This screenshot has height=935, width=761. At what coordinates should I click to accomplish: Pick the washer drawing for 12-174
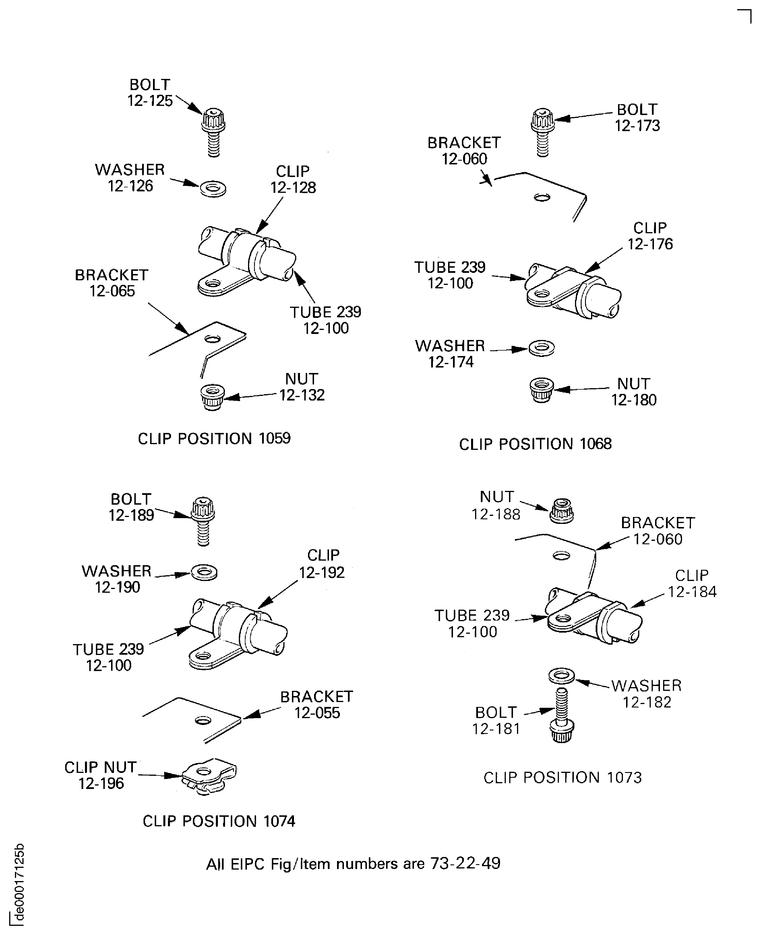(542, 348)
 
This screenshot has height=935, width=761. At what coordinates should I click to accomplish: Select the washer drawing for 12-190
(204, 572)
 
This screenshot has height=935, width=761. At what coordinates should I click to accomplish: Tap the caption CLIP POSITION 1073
(562, 778)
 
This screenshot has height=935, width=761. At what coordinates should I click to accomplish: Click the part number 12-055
(317, 713)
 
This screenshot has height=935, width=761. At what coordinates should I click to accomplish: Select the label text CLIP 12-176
(650, 236)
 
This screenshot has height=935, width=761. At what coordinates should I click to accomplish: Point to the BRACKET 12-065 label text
(112, 283)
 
